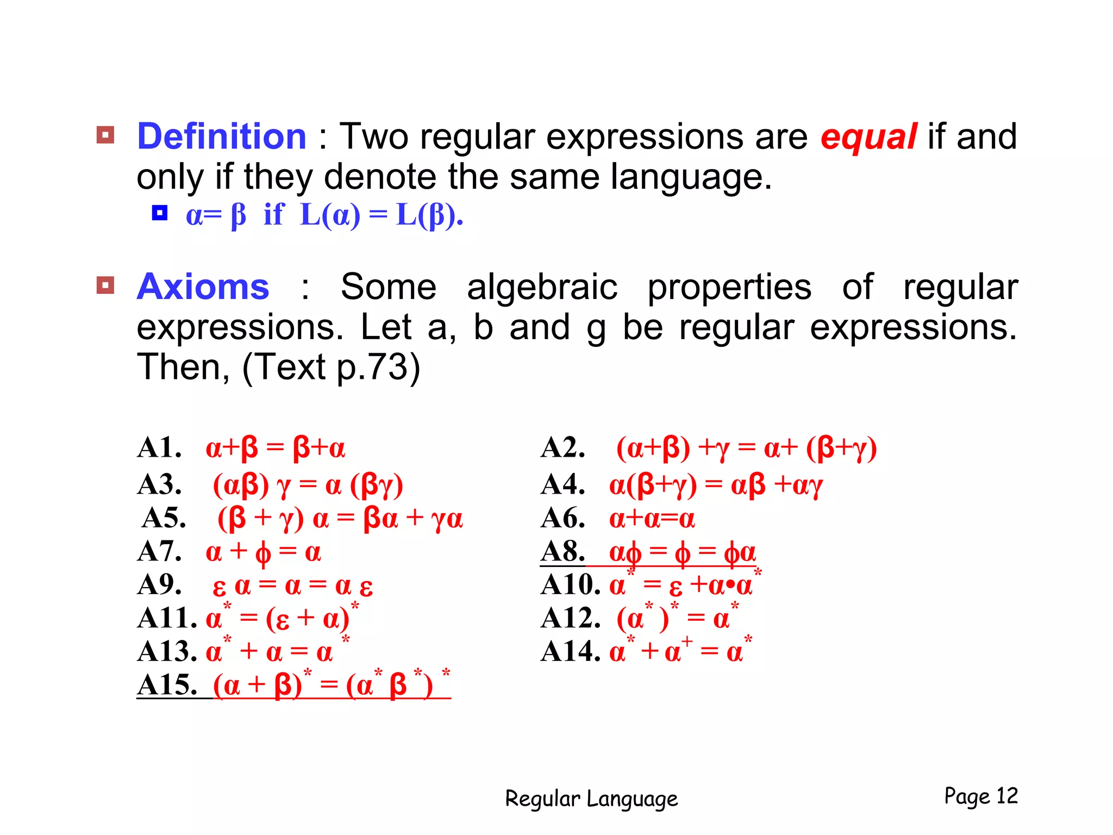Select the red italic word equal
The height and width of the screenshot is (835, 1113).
[x=868, y=137]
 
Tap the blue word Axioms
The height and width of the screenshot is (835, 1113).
[x=203, y=286]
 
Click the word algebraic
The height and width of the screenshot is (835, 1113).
[x=542, y=286]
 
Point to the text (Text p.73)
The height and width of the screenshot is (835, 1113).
[x=331, y=367]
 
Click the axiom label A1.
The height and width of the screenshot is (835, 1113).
[x=159, y=448]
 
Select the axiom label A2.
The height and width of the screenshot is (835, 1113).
[x=563, y=448]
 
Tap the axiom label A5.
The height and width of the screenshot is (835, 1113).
[x=164, y=518]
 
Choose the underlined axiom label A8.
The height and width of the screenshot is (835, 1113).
[x=563, y=551]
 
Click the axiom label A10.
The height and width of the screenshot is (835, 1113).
[x=571, y=585]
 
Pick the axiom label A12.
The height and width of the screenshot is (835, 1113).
[x=571, y=619]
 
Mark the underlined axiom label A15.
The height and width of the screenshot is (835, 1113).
[x=167, y=685]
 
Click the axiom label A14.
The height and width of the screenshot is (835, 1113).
[x=571, y=651]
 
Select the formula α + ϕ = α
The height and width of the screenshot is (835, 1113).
[x=263, y=552]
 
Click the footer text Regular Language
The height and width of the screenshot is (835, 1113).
[x=591, y=799]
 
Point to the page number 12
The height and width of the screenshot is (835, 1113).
[x=1006, y=796]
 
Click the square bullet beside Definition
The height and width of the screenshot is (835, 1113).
[x=105, y=135]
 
